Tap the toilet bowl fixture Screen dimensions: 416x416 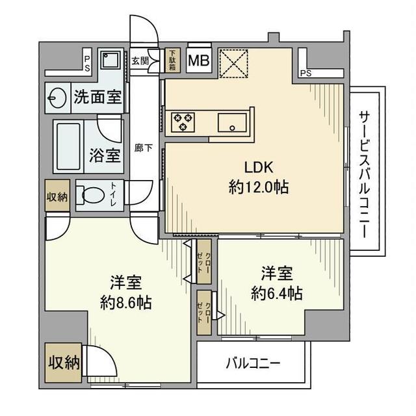(90, 194)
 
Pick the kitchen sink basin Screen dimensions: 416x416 (232, 122)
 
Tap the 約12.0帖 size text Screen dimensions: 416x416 (259, 187)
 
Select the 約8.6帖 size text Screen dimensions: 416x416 (126, 303)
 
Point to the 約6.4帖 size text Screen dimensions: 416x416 (276, 293)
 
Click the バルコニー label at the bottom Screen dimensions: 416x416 (253, 363)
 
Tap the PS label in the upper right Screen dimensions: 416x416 (305, 73)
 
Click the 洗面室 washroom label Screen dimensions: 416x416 (97, 97)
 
